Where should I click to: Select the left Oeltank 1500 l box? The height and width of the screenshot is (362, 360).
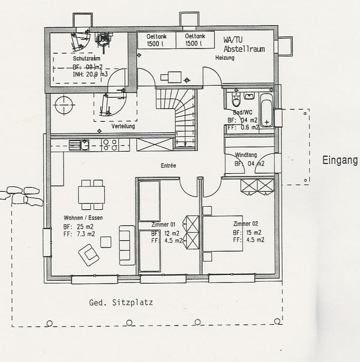(x=157, y=40)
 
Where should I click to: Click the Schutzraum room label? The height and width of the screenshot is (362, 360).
(x=88, y=59)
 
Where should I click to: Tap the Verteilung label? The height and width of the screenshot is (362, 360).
(x=124, y=127)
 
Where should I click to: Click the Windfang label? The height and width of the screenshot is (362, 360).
(x=246, y=155)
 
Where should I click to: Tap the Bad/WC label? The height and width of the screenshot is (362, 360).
(x=242, y=113)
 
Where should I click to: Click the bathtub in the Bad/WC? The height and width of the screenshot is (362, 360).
(x=266, y=110)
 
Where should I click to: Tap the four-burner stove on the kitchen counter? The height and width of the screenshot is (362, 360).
(x=109, y=144)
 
